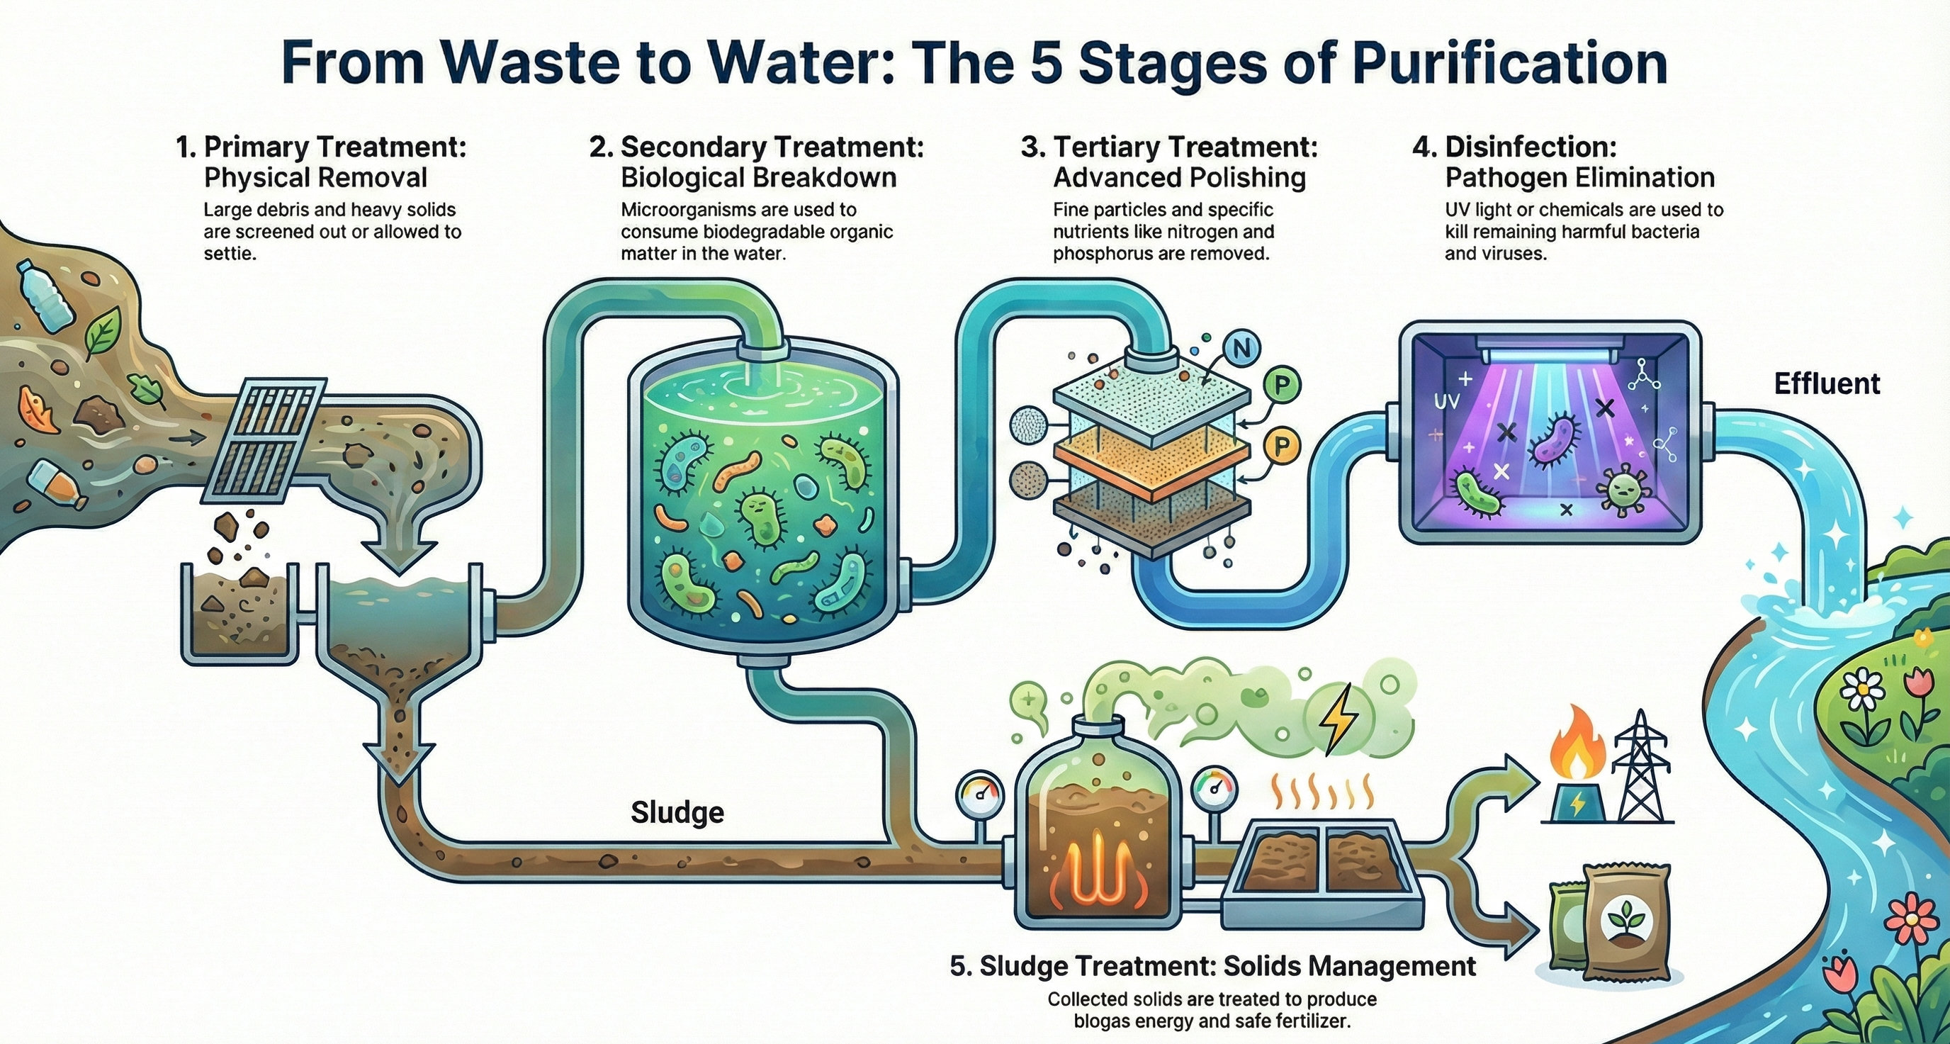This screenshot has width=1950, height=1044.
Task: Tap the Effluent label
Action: click(1827, 384)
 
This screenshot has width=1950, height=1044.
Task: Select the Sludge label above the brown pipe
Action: click(677, 812)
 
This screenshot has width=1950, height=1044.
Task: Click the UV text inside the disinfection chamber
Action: click(1445, 401)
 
